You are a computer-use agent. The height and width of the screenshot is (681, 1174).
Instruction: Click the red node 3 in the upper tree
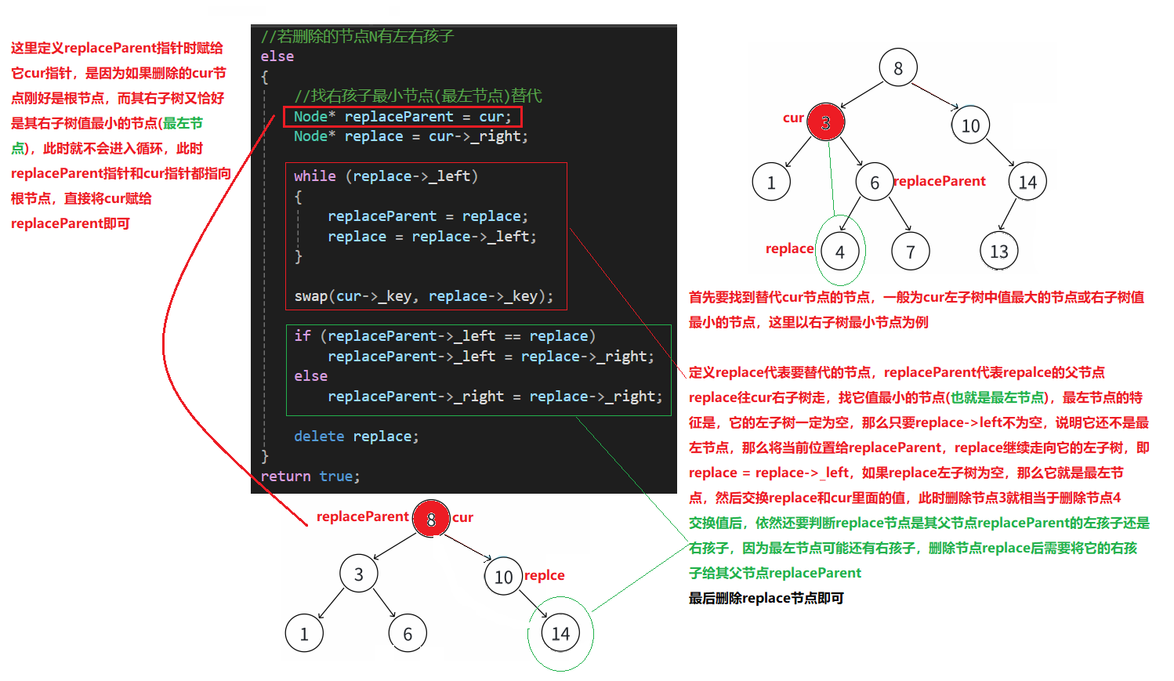coord(825,122)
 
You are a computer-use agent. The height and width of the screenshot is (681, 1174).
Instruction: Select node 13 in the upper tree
coord(998,252)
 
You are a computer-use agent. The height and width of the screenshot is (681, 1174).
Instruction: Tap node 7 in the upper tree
coord(910,252)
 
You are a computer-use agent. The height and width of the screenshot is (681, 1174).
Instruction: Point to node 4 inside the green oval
coord(840,252)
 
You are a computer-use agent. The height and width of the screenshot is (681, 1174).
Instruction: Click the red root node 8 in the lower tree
coord(430,519)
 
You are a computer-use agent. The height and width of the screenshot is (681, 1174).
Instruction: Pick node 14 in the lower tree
coord(560,633)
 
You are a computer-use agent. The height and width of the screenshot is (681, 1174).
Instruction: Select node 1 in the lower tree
coord(304,633)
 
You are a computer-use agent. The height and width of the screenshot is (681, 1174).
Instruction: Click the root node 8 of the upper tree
coord(898,68)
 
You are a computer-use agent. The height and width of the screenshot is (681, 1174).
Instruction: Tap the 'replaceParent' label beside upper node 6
coord(939,181)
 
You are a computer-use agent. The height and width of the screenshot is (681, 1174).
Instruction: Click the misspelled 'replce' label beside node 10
coord(544,575)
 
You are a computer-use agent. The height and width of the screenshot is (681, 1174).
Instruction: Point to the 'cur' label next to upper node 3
coord(793,118)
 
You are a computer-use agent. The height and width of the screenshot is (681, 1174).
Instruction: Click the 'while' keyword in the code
coord(314,176)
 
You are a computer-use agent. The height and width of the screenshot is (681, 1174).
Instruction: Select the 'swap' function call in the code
coord(310,296)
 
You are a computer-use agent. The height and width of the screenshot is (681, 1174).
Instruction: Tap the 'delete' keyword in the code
coord(319,436)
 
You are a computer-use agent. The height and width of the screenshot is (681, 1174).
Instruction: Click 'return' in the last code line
coord(285,476)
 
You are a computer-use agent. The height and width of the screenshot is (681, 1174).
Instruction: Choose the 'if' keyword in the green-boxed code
coord(302,336)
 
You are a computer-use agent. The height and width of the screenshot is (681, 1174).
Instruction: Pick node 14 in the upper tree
coord(1027,183)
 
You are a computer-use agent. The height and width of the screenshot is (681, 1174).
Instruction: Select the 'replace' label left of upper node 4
coord(789,248)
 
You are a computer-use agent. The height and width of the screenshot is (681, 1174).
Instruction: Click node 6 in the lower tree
coord(408,633)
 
